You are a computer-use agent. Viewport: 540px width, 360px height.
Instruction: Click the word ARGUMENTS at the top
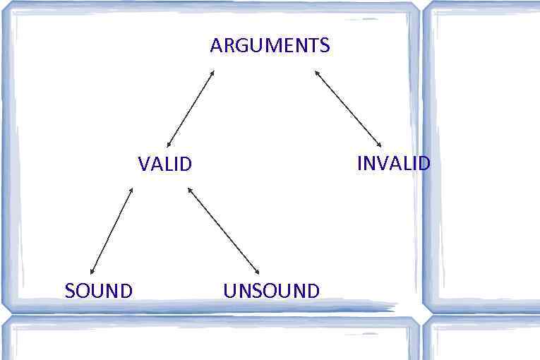(270, 46)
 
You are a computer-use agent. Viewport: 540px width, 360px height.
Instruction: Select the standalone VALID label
(164, 164)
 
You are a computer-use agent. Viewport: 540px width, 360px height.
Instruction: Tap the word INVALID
(393, 164)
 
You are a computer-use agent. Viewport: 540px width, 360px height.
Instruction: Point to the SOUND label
(98, 291)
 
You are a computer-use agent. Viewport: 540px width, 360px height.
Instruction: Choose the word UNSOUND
(271, 291)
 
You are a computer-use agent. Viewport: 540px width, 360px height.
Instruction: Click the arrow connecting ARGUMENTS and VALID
(191, 109)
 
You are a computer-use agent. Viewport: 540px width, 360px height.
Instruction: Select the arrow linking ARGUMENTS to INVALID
(348, 108)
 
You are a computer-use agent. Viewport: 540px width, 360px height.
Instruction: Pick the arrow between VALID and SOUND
(112, 231)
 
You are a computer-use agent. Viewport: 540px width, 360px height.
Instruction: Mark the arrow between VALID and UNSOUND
(223, 230)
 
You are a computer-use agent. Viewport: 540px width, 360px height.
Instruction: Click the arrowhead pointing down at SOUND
(92, 272)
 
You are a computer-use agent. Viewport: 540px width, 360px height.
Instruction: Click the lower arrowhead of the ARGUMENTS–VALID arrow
(169, 145)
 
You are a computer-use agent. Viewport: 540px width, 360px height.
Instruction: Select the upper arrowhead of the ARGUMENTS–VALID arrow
(212, 71)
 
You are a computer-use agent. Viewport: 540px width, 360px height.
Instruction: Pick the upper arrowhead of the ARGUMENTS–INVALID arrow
(316, 71)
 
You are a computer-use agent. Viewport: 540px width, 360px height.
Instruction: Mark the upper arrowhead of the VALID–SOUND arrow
(131, 189)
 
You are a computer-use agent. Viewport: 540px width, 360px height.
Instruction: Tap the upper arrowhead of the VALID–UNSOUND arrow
(189, 188)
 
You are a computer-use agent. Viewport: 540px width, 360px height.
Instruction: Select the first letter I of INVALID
(359, 164)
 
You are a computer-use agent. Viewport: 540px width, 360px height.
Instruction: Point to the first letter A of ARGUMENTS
(215, 46)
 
